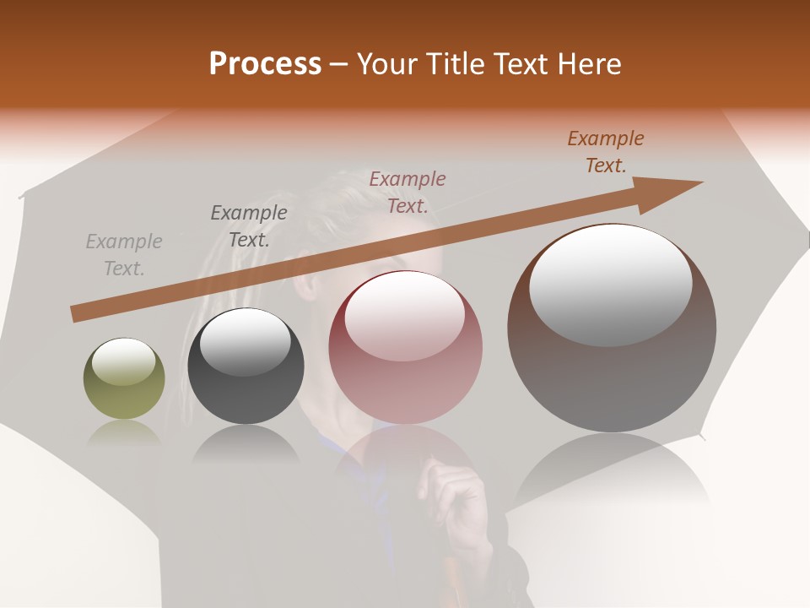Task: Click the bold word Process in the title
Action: coord(265,64)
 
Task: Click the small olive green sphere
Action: coord(124,378)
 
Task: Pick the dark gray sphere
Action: coord(246,366)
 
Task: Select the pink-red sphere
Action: coord(406,347)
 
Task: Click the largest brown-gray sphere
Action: coord(612,328)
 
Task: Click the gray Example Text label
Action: coord(124,255)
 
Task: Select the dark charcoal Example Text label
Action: coord(249,225)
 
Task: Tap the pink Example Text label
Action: coord(408,192)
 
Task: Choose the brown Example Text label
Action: coord(606,151)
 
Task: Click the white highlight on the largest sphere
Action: coord(611,285)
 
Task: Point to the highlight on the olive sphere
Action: coord(123,363)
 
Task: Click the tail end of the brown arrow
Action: coord(78,313)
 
